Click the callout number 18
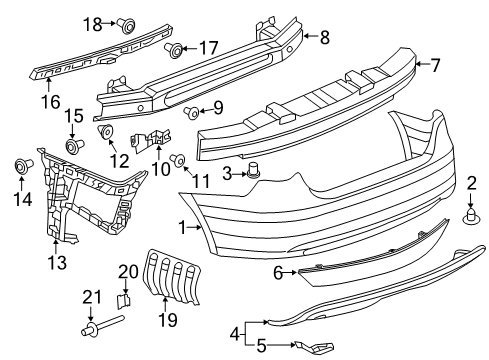point(92,24)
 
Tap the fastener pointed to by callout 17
point(175,50)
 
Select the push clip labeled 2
point(471,216)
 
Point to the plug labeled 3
point(253,170)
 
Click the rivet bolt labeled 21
point(102,326)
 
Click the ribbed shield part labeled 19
point(171,277)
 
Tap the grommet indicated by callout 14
point(24,166)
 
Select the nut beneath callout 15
point(74,146)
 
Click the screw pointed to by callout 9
point(192,113)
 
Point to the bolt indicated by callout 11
point(178,160)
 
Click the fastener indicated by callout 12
point(106,131)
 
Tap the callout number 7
point(435,65)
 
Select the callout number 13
point(57,262)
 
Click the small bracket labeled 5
point(313,347)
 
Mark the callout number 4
point(235,333)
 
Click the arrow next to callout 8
point(311,36)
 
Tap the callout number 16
point(51,101)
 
